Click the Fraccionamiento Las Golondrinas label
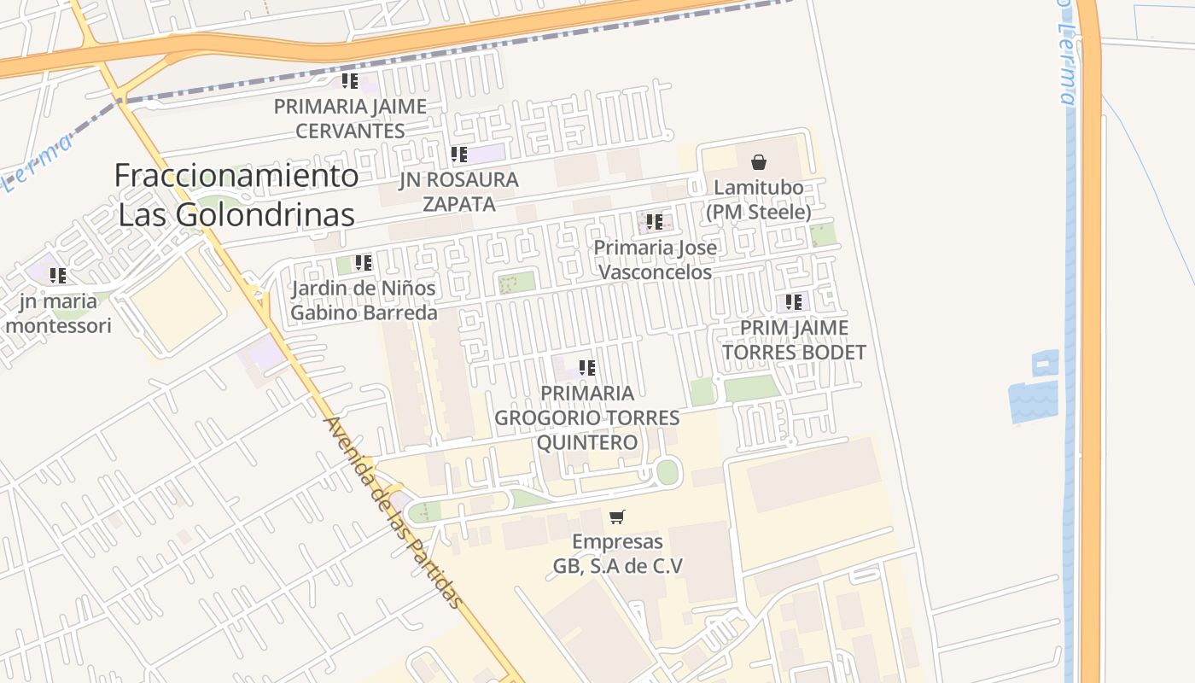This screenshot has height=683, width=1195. [x=236, y=195]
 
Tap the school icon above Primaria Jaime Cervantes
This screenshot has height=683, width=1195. [x=349, y=81]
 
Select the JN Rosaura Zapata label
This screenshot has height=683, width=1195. [x=458, y=192]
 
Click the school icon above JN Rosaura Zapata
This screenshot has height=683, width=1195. [x=459, y=155]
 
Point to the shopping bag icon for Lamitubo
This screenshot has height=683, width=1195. [x=758, y=162]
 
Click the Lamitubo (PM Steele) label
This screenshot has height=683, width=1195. [x=758, y=200]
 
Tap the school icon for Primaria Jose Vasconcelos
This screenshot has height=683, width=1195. [x=655, y=222]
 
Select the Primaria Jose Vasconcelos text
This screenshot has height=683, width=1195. [x=655, y=260]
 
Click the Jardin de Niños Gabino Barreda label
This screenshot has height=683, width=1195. [x=364, y=301]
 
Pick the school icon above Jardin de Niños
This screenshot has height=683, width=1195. [x=364, y=263]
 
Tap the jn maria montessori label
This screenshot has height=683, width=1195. [x=58, y=313]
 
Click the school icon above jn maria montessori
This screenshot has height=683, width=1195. [x=58, y=276]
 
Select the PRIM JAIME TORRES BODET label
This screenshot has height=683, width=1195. [x=794, y=340]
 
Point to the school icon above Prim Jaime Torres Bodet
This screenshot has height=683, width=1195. [x=794, y=302]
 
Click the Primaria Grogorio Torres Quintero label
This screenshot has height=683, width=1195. [x=587, y=417]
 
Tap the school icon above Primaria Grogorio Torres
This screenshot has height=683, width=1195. [x=587, y=368]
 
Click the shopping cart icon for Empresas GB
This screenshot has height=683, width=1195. [x=617, y=517]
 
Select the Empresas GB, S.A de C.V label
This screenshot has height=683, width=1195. [x=617, y=554]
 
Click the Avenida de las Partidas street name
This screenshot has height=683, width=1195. [x=394, y=512]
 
